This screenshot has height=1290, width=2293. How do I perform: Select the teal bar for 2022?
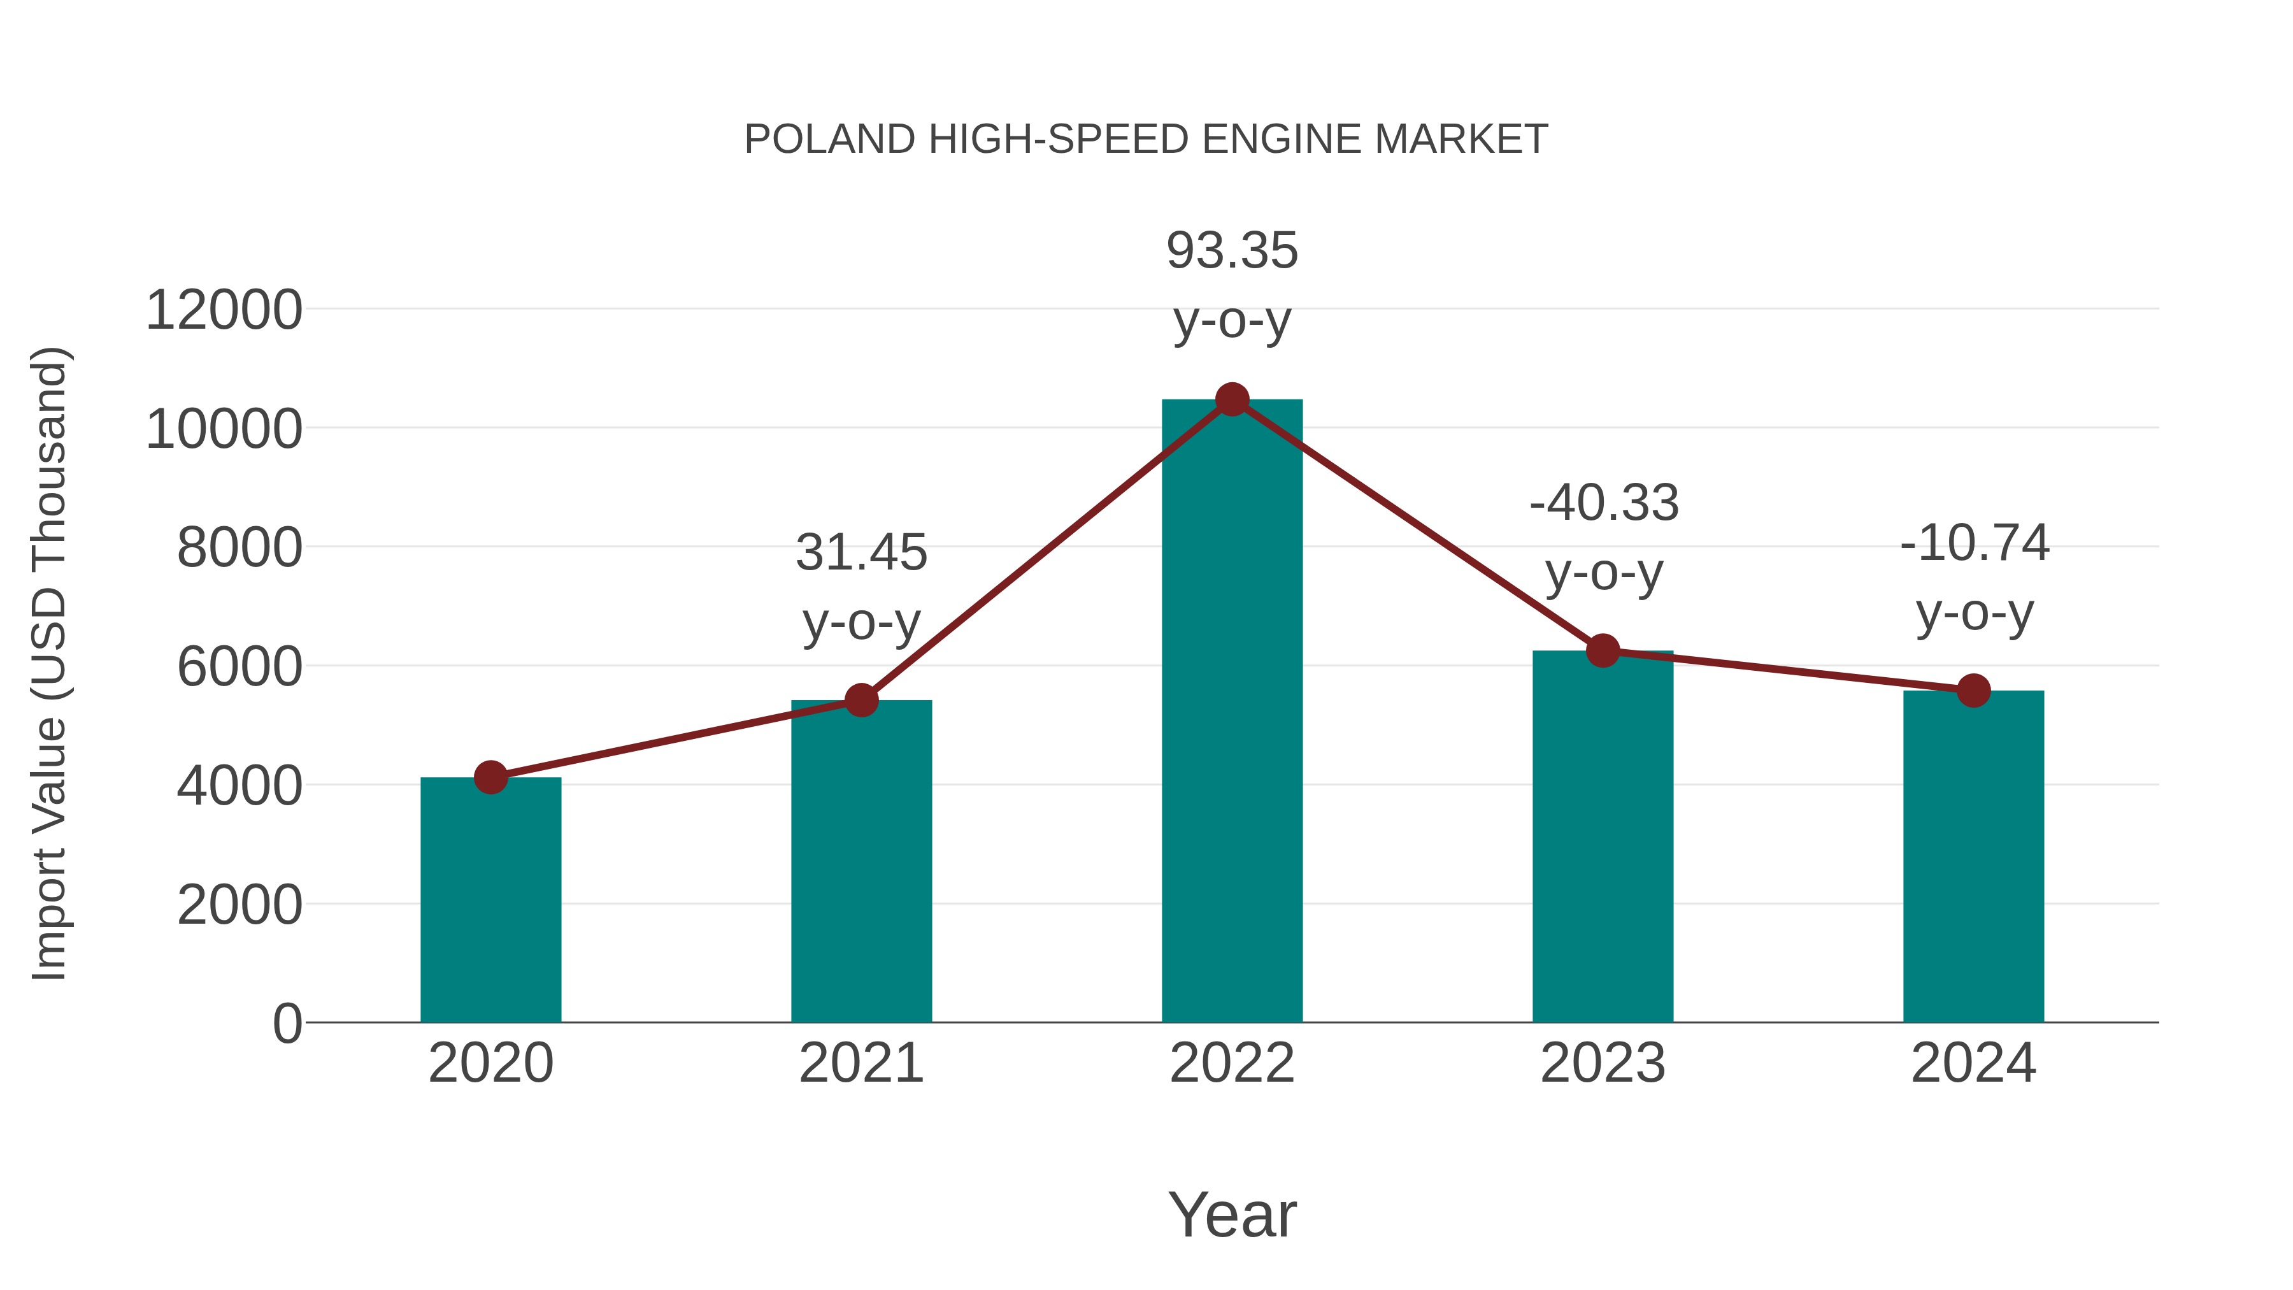click(x=1232, y=712)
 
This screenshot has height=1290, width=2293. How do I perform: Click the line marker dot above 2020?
click(x=490, y=777)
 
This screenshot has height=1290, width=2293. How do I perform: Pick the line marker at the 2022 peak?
click(x=1232, y=399)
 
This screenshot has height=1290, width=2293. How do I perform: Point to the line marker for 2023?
click(x=1603, y=651)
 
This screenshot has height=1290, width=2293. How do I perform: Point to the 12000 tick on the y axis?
click(x=224, y=311)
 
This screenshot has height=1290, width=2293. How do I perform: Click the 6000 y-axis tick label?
click(x=239, y=667)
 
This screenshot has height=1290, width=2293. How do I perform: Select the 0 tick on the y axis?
click(x=287, y=1023)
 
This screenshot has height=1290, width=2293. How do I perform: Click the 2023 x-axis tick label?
click(x=1603, y=1063)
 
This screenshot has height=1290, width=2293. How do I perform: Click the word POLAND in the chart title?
click(x=829, y=140)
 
